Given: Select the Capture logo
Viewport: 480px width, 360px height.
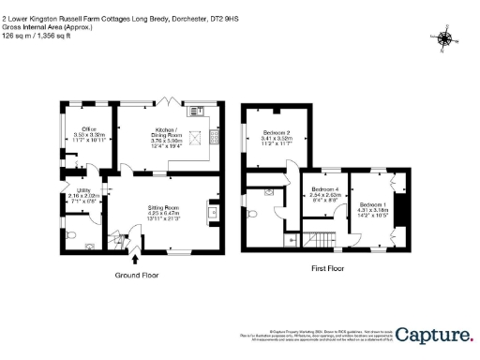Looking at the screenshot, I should point(433,335).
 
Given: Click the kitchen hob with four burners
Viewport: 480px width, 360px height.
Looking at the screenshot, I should point(215,138).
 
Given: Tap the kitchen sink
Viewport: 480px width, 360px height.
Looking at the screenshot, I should point(200,111).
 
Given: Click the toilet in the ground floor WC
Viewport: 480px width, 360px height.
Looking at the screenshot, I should point(73,234).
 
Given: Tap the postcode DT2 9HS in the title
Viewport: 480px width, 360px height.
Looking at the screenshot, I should point(211,15).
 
